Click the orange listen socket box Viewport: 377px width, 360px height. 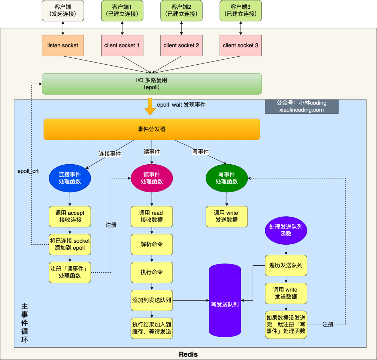[63, 45]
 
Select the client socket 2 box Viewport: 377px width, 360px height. [181, 45]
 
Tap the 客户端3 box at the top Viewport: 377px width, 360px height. [241, 10]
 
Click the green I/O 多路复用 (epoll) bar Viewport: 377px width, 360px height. [151, 84]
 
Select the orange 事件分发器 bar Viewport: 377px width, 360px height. [151, 129]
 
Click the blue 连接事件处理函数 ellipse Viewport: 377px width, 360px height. [70, 178]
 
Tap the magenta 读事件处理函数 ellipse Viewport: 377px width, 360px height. [151, 178]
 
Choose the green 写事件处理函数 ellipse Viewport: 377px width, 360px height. [227, 178]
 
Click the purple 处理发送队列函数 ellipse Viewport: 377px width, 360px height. [286, 230]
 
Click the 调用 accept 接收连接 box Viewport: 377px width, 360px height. [70, 216]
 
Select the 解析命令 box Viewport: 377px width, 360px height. [151, 244]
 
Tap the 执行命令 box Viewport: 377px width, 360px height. [151, 272]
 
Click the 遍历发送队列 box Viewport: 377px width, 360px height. [286, 265]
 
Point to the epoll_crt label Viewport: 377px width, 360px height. [28, 171]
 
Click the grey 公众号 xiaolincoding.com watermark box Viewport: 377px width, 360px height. [302, 106]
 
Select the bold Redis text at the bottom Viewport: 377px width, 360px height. [188, 354]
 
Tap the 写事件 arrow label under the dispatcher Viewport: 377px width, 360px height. [201, 152]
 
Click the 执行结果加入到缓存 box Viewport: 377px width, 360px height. [151, 328]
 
